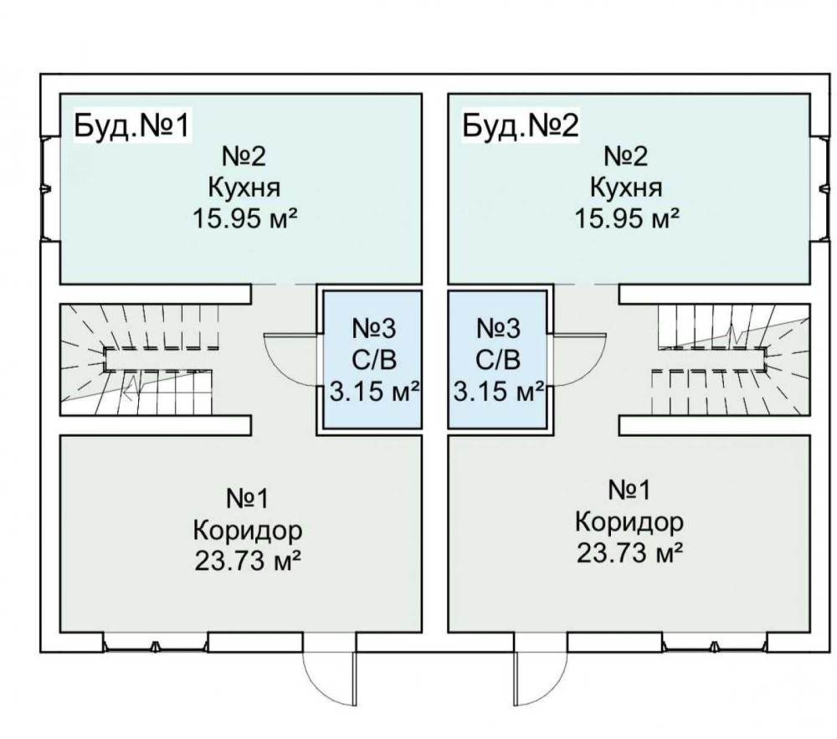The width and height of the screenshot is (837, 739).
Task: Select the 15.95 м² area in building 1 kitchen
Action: click(x=245, y=219)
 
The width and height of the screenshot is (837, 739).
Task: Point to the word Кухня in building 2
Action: click(x=626, y=187)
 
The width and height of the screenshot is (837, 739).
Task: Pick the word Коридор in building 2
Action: click(x=629, y=523)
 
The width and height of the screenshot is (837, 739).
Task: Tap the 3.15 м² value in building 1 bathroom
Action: click(x=373, y=392)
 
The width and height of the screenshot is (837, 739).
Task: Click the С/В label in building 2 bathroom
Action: click(x=498, y=360)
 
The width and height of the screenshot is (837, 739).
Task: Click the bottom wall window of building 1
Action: click(x=156, y=644)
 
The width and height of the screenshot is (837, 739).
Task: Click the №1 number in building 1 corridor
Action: click(x=247, y=499)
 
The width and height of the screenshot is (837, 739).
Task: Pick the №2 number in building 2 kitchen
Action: click(x=628, y=157)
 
